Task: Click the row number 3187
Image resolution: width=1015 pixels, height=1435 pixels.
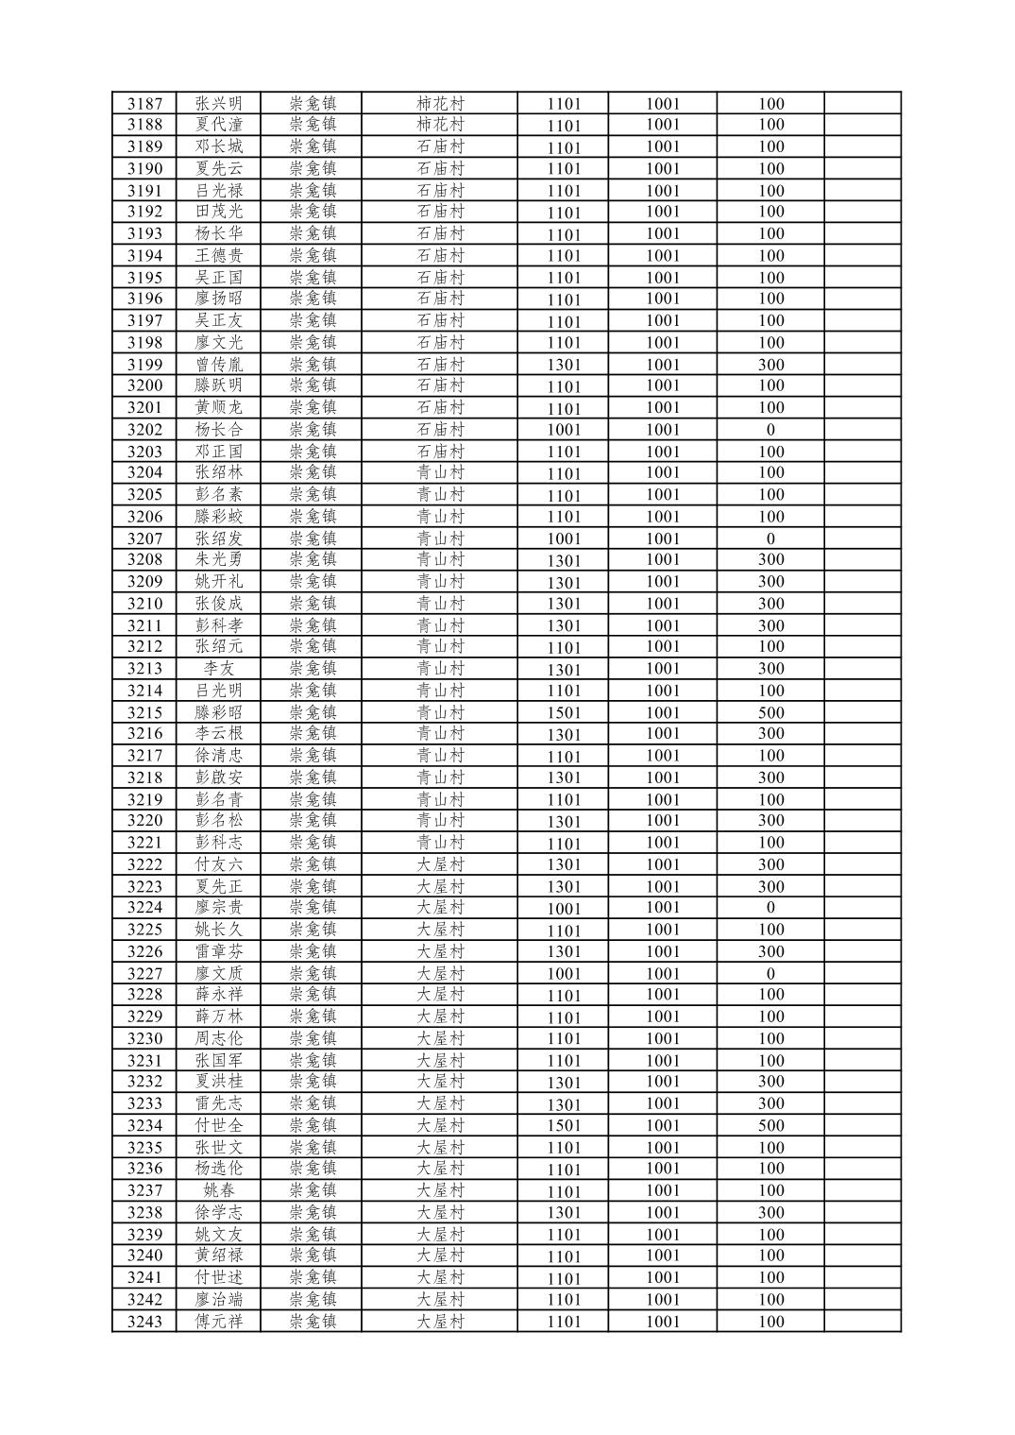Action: click(144, 104)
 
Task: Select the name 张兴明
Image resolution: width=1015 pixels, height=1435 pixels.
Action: click(218, 104)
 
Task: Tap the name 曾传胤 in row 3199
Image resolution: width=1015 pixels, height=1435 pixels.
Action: click(218, 365)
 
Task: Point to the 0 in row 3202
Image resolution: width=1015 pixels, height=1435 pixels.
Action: click(770, 430)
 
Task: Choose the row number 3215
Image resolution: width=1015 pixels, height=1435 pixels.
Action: click(144, 712)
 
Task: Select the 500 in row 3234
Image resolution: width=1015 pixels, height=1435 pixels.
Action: click(770, 1125)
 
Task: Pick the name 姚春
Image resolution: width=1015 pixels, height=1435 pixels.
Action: click(218, 1190)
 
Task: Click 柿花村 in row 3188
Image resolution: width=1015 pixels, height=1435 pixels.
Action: click(440, 125)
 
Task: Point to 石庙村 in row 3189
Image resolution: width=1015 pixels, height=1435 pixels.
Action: click(440, 146)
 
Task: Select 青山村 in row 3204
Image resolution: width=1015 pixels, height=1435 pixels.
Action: click(440, 472)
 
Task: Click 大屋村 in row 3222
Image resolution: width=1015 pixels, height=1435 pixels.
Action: click(440, 864)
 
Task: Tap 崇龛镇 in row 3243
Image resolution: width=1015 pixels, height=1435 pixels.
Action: click(313, 1322)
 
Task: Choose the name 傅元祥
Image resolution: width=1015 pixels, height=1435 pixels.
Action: click(218, 1322)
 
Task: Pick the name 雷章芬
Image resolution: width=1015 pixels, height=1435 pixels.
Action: click(218, 951)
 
